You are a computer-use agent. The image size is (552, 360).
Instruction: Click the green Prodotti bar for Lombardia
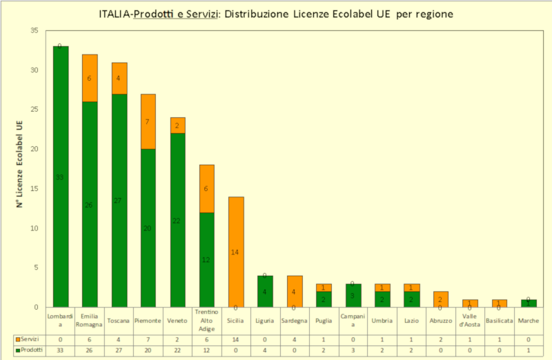click(61, 177)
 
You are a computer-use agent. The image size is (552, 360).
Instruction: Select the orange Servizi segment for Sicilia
click(236, 252)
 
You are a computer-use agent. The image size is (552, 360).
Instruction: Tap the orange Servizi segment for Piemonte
click(148, 121)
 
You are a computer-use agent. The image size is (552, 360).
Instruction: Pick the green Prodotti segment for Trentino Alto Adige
click(207, 259)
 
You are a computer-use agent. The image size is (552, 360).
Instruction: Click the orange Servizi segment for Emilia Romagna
click(90, 78)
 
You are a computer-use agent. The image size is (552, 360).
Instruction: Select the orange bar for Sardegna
click(295, 291)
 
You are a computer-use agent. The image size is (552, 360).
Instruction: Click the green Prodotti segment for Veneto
click(178, 220)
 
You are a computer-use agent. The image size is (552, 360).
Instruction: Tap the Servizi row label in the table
click(30, 340)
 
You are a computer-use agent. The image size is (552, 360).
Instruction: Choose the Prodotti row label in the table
click(31, 350)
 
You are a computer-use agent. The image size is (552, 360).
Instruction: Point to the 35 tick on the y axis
click(34, 31)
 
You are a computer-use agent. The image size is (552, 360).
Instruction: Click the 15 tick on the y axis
click(34, 189)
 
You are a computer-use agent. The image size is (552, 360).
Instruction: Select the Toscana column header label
click(119, 320)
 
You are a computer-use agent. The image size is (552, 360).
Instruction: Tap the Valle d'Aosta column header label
click(471, 320)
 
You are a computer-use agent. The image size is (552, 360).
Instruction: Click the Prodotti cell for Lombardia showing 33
click(61, 350)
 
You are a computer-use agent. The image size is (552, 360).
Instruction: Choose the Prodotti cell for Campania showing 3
click(353, 350)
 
